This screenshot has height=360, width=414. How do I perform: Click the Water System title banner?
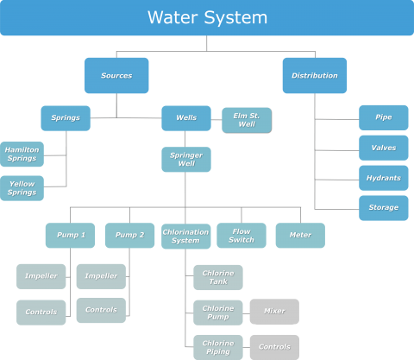pyautogui.click(x=207, y=17)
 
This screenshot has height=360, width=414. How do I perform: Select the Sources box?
pyautogui.click(x=116, y=75)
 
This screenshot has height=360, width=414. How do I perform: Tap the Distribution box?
pyautogui.click(x=314, y=75)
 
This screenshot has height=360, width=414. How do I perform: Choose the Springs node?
pyautogui.click(x=66, y=118)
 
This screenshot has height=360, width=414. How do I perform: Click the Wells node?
pyautogui.click(x=185, y=118)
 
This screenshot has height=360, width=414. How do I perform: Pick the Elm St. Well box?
pyautogui.click(x=246, y=119)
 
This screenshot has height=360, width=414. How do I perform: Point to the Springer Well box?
pyautogui.click(x=185, y=160)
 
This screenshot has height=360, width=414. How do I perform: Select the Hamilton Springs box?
pyautogui.click(x=22, y=155)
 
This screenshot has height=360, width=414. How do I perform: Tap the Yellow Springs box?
pyautogui.click(x=22, y=188)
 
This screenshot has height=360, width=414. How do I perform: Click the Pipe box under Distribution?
pyautogui.click(x=384, y=117)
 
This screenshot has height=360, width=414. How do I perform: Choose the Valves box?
pyautogui.click(x=384, y=148)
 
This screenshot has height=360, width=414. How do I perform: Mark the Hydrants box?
pyautogui.click(x=384, y=178)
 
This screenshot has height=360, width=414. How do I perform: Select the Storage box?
pyautogui.click(x=384, y=207)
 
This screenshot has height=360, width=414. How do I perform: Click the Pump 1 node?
pyautogui.click(x=70, y=236)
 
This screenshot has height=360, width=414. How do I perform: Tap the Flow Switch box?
pyautogui.click(x=241, y=236)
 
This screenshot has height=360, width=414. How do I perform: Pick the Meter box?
pyautogui.click(x=300, y=236)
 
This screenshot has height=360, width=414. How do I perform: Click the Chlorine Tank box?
pyautogui.click(x=218, y=277)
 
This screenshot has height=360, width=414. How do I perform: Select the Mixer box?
pyautogui.click(x=274, y=312)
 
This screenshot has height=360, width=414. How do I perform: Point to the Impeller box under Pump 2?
pyautogui.click(x=100, y=276)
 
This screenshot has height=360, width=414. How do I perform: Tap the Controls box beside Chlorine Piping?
pyautogui.click(x=274, y=347)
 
